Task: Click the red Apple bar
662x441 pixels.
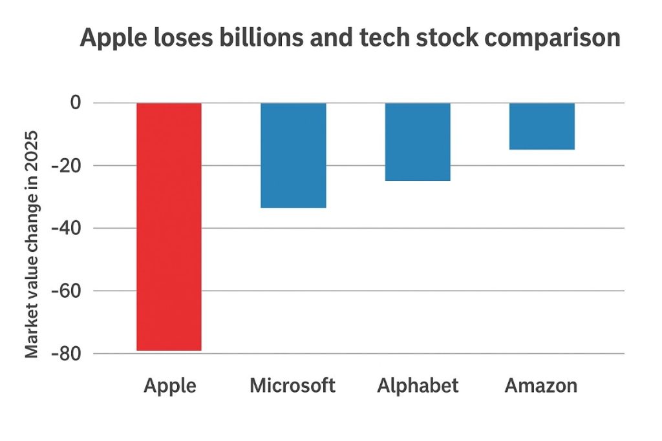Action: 169,226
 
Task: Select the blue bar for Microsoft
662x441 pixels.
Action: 293,155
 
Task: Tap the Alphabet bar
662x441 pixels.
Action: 418,141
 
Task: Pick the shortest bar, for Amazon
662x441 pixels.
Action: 542,126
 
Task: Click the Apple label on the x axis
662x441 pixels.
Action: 169,386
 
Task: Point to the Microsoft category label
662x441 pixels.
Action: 293,386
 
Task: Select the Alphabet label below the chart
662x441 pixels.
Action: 418,386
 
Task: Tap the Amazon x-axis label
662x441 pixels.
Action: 541,386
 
